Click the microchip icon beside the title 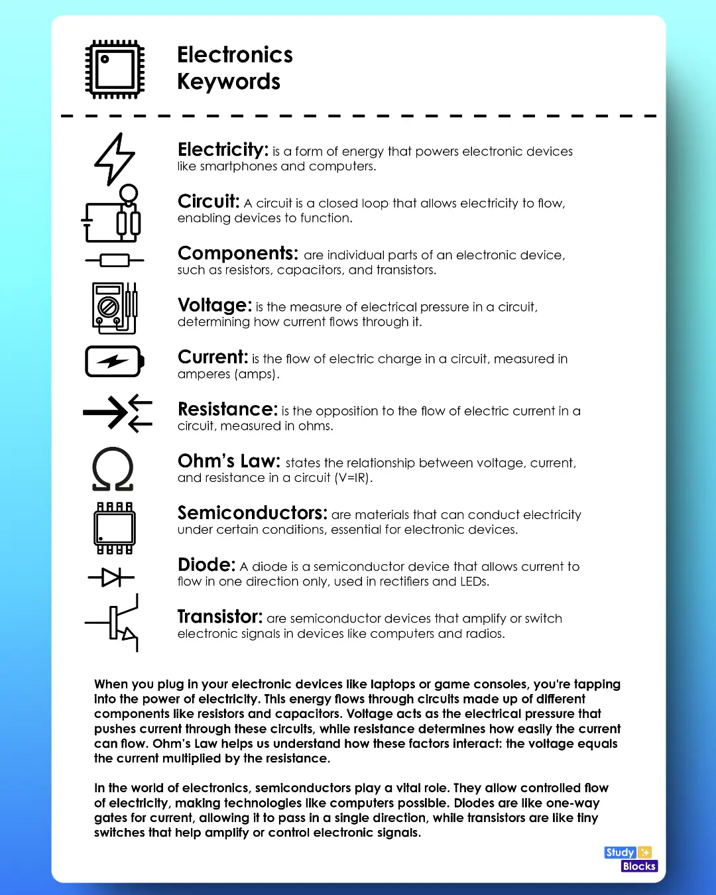click(x=115, y=69)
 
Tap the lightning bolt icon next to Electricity click(x=115, y=159)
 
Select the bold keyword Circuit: click(x=208, y=202)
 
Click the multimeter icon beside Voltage click(x=115, y=308)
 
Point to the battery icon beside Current click(x=115, y=361)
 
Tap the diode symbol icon click(x=111, y=577)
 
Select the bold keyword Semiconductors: click(x=252, y=513)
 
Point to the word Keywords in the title click(x=229, y=82)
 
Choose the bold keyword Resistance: click(x=227, y=409)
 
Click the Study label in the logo click(x=621, y=853)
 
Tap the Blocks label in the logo click(x=639, y=866)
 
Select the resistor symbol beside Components click(x=115, y=261)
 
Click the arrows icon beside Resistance click(x=117, y=413)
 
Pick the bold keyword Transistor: click(x=220, y=617)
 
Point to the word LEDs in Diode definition click(x=473, y=581)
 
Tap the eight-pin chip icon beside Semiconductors click(x=115, y=528)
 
